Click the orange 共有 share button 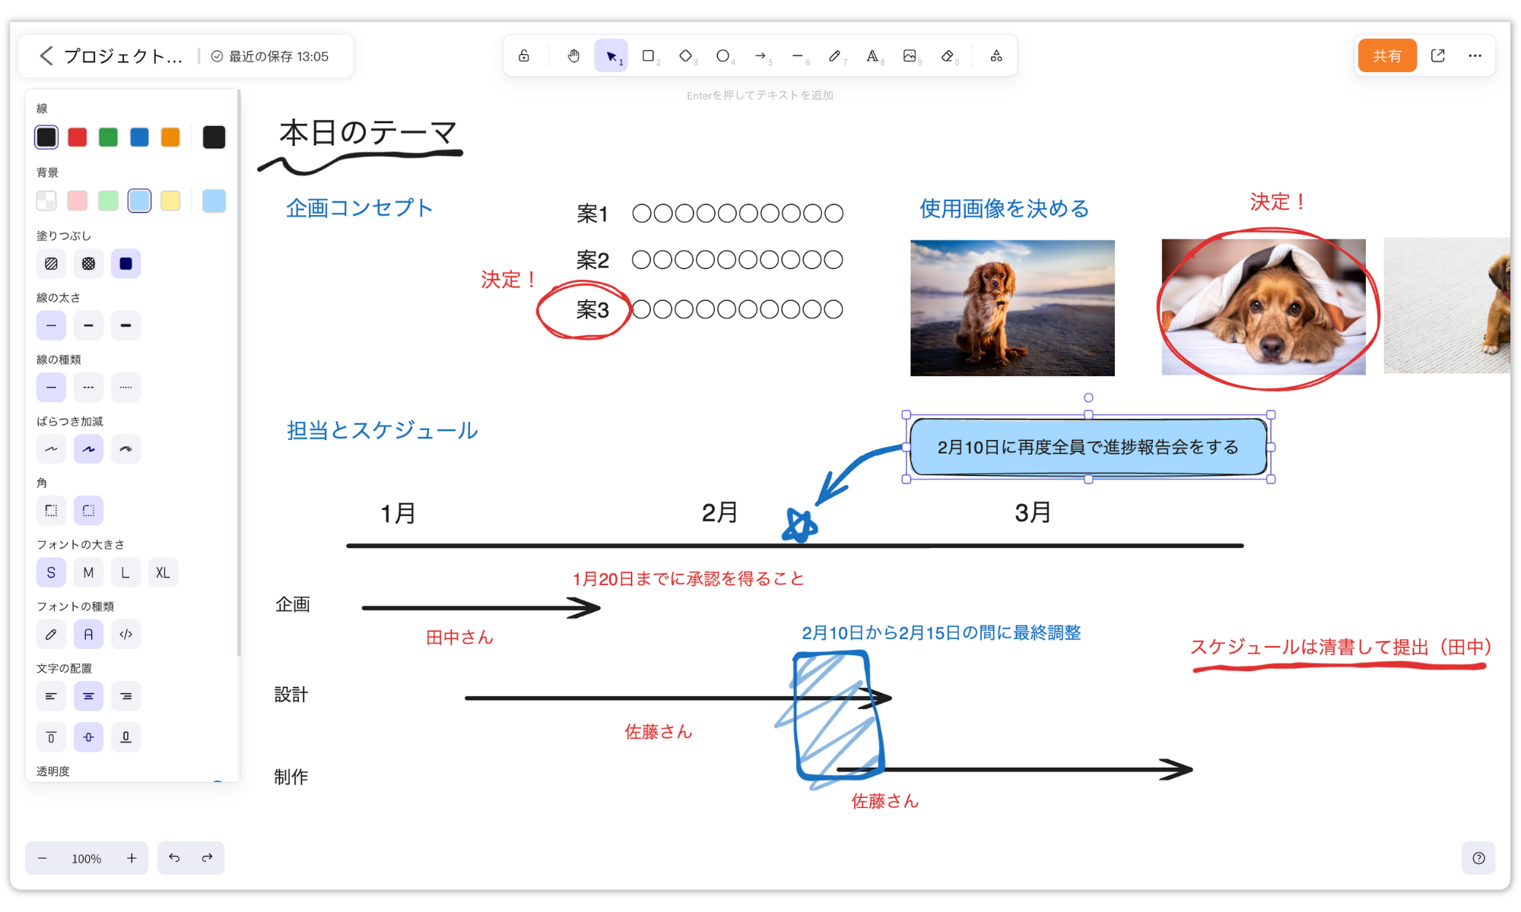[1386, 55]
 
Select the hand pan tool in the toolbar [573, 55]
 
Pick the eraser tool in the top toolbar [948, 55]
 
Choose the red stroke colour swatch [77, 137]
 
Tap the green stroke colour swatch [108, 137]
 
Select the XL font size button [163, 572]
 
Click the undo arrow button [174, 857]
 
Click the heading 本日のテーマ [368, 133]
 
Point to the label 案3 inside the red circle [592, 310]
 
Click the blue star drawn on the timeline [800, 525]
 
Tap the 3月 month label [1032, 513]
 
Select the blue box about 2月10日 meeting [1088, 447]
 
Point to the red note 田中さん [459, 638]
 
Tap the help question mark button [1478, 858]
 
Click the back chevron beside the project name [46, 55]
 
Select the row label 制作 [291, 777]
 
